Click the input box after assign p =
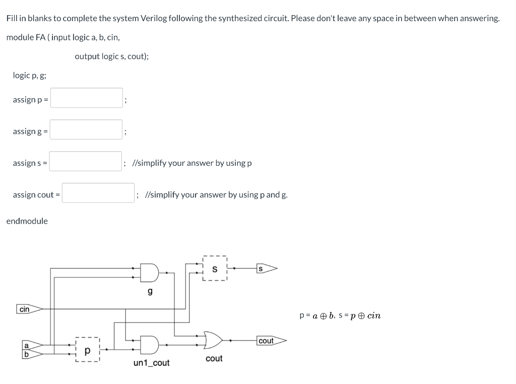(86, 98)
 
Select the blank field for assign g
(86, 130)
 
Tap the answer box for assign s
(86, 161)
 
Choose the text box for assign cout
(98, 193)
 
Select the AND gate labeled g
(149, 273)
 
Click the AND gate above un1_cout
(149, 344)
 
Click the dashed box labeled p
(88, 349)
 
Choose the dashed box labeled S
(215, 269)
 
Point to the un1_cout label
(151, 363)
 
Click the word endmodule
(27, 221)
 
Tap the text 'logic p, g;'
(30, 75)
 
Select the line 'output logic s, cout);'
(112, 56)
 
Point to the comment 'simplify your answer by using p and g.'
(216, 195)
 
